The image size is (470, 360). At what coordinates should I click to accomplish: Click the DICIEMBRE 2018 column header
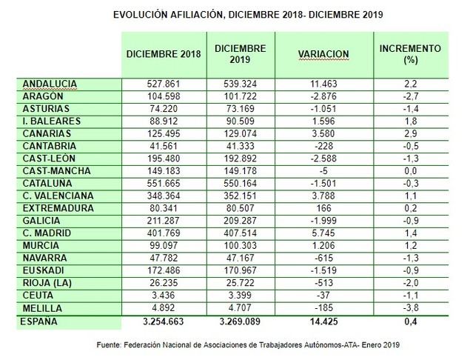point(164,54)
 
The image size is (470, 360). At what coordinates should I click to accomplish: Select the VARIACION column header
point(323,54)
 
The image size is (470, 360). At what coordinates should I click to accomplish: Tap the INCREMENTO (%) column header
point(410,54)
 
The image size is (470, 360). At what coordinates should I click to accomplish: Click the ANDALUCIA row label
point(51,84)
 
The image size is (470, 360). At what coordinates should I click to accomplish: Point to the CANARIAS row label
point(47,133)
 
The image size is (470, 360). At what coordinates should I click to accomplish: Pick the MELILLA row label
point(44,308)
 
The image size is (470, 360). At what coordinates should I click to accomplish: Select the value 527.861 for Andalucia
point(164,84)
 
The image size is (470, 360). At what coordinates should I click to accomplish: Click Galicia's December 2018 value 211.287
point(164,220)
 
